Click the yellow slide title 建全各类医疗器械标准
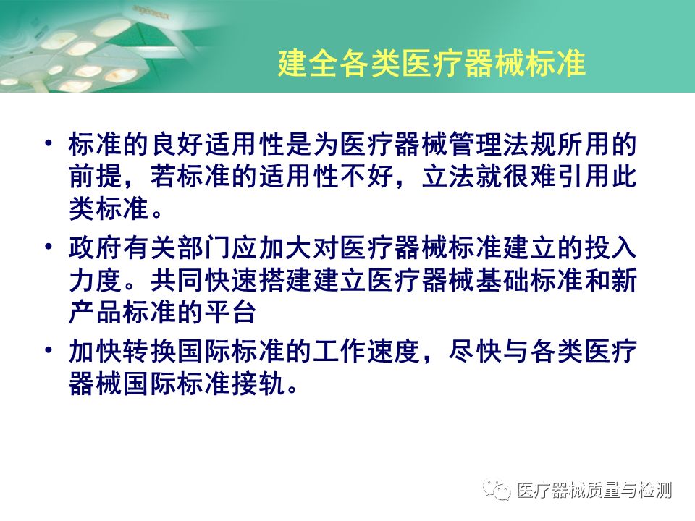[431, 64]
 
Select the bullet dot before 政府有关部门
[49, 246]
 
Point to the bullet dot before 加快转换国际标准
[49, 350]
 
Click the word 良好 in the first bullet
[178, 145]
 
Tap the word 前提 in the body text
[96, 177]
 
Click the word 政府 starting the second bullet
[96, 247]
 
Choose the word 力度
[96, 279]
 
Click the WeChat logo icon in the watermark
[497, 490]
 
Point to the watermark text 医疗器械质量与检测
[594, 491]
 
